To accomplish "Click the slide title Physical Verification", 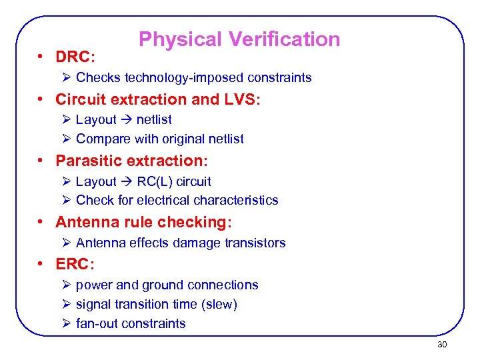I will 239,39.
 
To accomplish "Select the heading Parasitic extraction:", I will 131,161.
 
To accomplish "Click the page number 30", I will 442,345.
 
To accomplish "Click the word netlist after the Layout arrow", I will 154,120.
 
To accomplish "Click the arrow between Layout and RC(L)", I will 127,181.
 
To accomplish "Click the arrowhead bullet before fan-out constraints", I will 65,324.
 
